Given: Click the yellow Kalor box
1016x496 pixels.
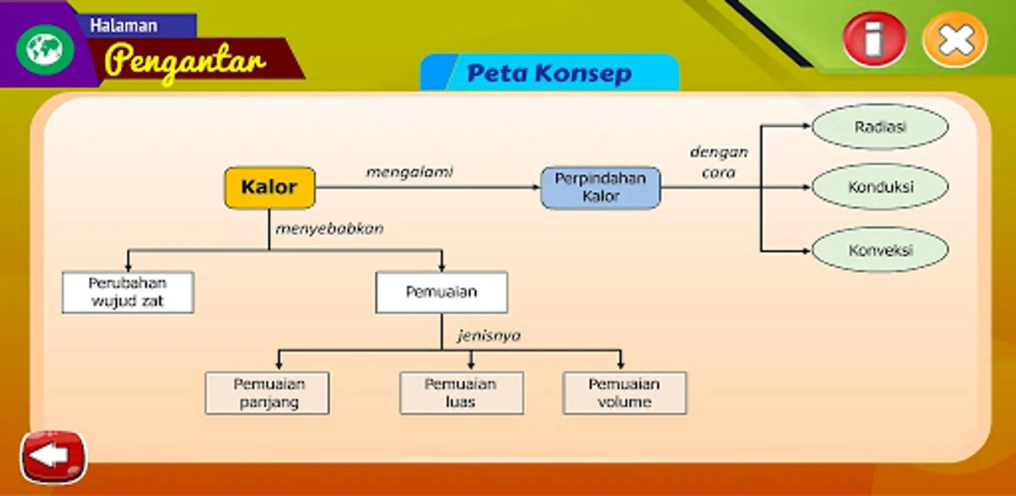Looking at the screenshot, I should (270, 187).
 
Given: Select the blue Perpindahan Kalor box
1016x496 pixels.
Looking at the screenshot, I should (600, 187).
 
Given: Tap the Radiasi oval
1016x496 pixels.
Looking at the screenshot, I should (880, 127).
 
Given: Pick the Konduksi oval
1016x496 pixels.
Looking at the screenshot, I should (880, 187).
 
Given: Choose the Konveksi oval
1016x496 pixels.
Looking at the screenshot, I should (880, 250).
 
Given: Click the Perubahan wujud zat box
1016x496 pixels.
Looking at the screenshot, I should (128, 292).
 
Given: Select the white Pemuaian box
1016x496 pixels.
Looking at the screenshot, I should (442, 292).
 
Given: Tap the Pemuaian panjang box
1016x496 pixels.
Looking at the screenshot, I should (267, 393).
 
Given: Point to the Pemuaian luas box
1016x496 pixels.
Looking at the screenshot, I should (461, 393).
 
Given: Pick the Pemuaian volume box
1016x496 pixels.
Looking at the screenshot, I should (625, 393).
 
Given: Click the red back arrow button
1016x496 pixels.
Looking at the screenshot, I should (53, 456).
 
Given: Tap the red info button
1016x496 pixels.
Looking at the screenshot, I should (874, 40).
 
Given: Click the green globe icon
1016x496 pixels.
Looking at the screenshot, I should (45, 49).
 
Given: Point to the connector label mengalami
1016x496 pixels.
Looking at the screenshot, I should (410, 172).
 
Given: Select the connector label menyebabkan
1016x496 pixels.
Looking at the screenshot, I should (330, 229).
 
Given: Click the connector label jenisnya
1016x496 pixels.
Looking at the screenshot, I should (489, 336).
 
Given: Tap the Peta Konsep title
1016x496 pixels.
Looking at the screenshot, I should (549, 73).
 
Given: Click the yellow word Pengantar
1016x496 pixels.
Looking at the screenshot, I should (185, 61).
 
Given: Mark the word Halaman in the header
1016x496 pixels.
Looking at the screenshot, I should (124, 25).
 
